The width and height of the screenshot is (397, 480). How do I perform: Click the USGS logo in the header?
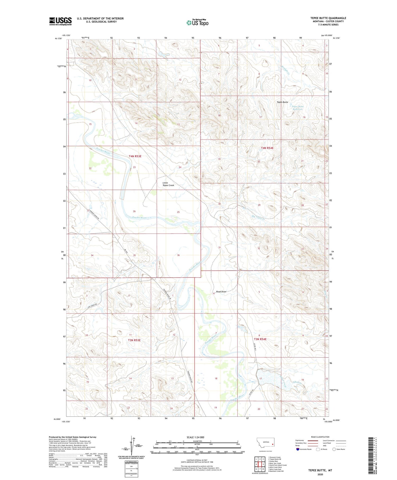tap(60, 21)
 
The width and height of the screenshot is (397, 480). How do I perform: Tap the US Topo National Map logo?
tap(197, 23)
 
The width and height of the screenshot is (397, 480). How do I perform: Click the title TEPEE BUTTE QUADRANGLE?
tap(328, 18)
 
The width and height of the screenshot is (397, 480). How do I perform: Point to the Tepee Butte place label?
tap(282, 102)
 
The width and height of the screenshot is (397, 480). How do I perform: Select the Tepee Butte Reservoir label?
tap(297, 108)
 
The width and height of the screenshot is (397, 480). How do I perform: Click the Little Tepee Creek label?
tap(168, 184)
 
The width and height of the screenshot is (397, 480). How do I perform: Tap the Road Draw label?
tap(221, 291)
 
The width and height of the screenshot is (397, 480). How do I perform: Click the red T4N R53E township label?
tap(135, 156)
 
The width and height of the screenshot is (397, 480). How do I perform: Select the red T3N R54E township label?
tap(260, 339)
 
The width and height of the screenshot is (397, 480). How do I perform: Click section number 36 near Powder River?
tap(178, 255)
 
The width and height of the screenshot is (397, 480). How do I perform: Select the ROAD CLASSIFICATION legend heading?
tap(320, 437)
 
